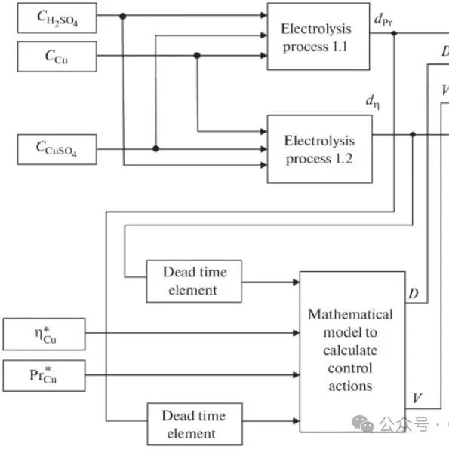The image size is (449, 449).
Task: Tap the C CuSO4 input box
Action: point(57,148)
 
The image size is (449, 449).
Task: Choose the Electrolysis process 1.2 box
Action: point(318,149)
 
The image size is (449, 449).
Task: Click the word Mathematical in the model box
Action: point(350,314)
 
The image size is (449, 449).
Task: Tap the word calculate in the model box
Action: point(350,350)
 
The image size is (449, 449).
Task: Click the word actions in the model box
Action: point(350,386)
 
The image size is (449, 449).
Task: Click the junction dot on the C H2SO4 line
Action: point(123,16)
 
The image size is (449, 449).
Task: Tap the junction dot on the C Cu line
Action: point(197,55)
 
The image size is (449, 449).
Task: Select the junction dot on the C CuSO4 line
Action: point(155,149)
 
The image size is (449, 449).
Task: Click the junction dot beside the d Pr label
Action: point(394,33)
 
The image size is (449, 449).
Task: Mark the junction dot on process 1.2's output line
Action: point(412,135)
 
